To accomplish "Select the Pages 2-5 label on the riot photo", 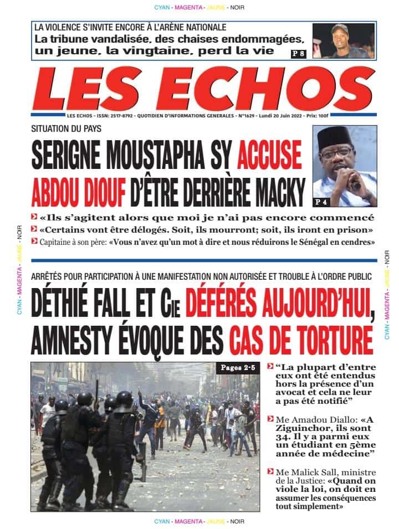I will pos(238,368).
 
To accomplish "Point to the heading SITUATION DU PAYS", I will pos(66,129).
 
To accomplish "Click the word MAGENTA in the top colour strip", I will pos(188,7).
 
